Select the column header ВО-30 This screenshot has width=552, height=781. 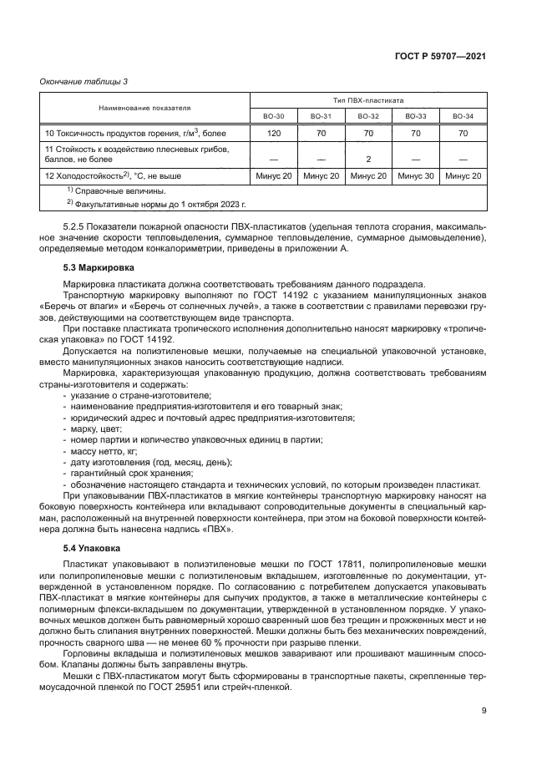click(274, 116)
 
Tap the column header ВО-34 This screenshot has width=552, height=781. click(463, 116)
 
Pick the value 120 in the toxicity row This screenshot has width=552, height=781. click(274, 133)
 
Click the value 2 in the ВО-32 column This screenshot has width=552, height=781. click(369, 158)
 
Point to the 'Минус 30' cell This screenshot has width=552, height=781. click(416, 176)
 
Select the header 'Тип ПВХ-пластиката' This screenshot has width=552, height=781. click(368, 99)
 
